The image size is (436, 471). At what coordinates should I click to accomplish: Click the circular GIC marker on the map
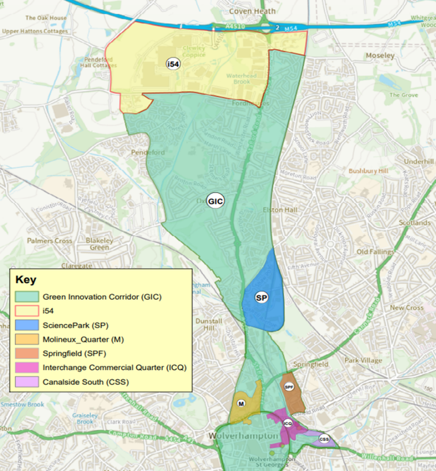click(x=216, y=200)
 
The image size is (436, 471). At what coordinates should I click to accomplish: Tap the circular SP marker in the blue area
click(x=262, y=298)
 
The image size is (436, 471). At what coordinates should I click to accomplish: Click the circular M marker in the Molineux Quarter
click(x=242, y=404)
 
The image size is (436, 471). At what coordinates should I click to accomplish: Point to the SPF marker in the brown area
click(x=289, y=387)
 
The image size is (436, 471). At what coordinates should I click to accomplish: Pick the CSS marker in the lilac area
click(x=323, y=439)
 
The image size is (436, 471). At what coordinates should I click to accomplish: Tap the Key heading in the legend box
click(x=26, y=280)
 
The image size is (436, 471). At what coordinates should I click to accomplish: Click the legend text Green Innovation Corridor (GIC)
click(x=102, y=297)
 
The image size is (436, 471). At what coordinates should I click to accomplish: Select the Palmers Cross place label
click(x=50, y=241)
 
